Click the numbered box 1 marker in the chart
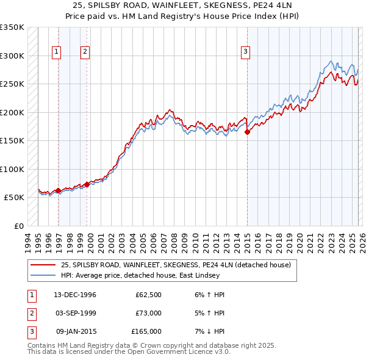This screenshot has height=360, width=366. [x=56, y=52]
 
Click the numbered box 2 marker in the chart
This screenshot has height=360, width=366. [x=85, y=52]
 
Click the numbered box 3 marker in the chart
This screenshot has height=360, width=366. [x=245, y=52]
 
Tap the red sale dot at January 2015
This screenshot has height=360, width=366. [x=247, y=132]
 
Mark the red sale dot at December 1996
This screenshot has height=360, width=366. [x=59, y=190]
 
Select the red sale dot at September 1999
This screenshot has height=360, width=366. [x=87, y=184]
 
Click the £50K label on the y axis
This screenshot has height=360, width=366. [x=14, y=198]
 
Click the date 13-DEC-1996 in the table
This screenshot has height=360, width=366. [x=75, y=295]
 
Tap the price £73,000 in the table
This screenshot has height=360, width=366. [x=148, y=313]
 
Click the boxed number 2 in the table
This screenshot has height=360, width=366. [x=30, y=313]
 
